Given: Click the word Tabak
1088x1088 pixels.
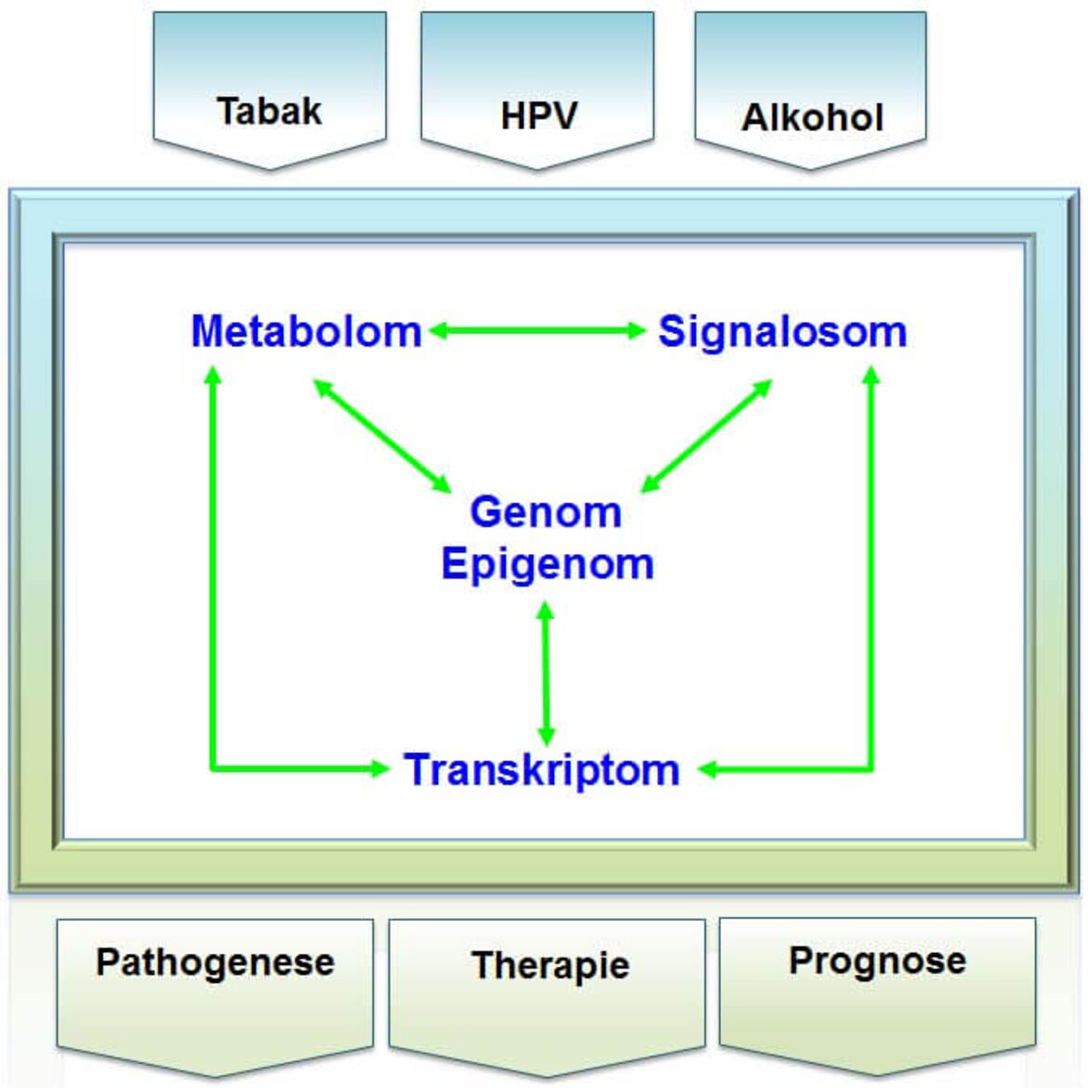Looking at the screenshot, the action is coord(270,111).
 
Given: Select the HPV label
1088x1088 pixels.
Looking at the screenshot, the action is coord(538,115).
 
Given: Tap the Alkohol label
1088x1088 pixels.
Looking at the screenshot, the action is coord(813,117).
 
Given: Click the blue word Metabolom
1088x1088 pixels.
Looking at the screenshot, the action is coord(306,331).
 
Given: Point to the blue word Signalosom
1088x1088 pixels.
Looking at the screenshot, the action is coord(783,331).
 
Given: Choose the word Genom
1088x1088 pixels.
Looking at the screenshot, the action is coord(546,512).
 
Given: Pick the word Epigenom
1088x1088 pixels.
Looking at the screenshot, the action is coord(548,564).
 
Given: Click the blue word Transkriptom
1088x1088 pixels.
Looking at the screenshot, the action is coord(542,770).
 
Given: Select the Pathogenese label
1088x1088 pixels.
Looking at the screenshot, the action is coord(215,963).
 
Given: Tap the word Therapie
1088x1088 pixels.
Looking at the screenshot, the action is coord(551,965).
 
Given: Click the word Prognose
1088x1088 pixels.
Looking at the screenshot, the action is coord(878,962).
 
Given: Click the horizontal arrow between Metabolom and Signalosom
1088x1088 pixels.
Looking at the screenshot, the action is coord(537,330).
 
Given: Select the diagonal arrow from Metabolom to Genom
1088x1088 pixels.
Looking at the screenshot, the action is coord(382,436).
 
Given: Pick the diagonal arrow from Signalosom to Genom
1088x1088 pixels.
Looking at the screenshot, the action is coord(707,436).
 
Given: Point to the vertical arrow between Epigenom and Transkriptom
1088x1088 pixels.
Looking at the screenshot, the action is coord(546,674).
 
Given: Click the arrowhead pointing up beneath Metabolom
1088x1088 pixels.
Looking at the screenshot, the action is coord(213,376).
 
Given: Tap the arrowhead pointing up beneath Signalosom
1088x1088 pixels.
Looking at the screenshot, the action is coord(870,376).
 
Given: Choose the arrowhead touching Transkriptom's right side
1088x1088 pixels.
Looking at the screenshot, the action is coord(707,769).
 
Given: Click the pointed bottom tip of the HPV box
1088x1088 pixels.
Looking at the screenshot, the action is coord(537,168).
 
